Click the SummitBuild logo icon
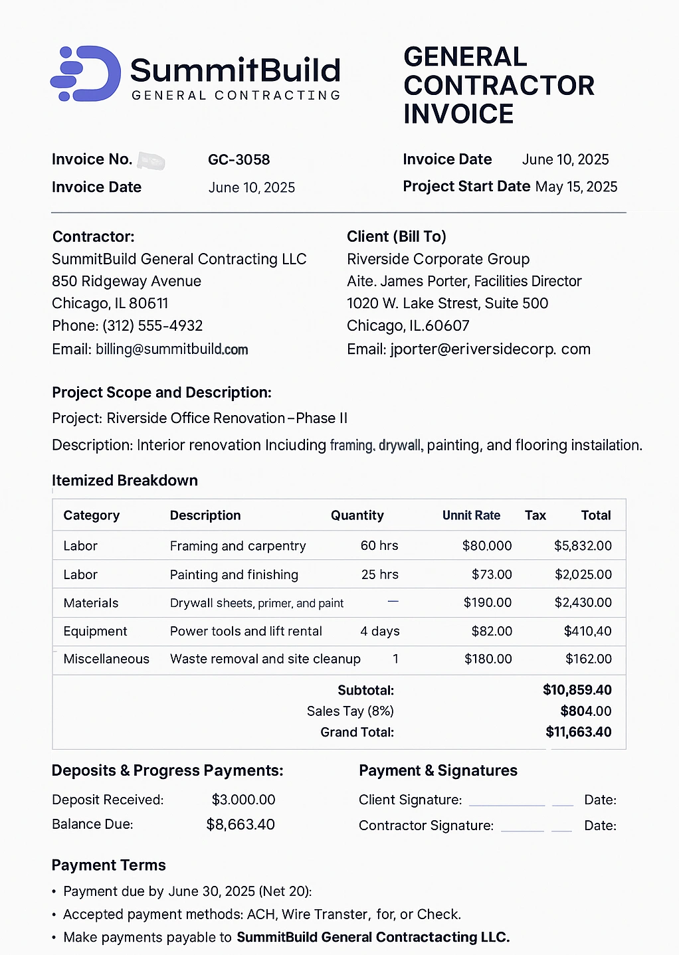86,74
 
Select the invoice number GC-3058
239,159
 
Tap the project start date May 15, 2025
576,187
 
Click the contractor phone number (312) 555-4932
152,326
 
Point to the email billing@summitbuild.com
171,349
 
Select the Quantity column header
357,515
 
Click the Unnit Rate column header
471,515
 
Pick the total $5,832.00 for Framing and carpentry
583,546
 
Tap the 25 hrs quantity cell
379,574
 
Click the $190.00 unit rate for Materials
488,603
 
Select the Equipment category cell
95,631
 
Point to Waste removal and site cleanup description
265,659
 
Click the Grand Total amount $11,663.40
578,732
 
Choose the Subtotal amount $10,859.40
577,690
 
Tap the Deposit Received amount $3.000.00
243,800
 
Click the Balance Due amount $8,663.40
241,825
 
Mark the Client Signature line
506,802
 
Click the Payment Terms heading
109,865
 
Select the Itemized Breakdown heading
125,480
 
